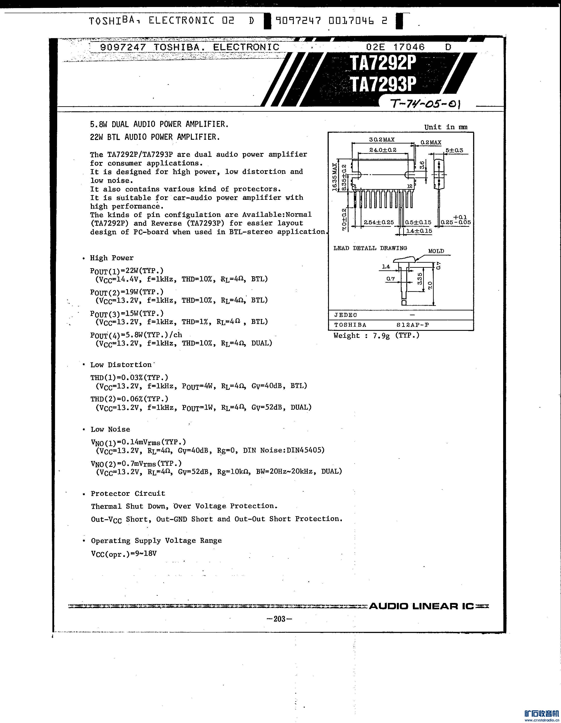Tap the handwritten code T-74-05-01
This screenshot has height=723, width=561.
click(x=426, y=104)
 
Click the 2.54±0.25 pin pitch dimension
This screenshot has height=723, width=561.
click(x=378, y=222)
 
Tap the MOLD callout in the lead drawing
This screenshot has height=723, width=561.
click(x=436, y=251)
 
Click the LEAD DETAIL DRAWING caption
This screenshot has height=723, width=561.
click(x=370, y=248)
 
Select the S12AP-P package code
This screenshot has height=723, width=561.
click(x=413, y=325)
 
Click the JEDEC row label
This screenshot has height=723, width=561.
click(x=345, y=315)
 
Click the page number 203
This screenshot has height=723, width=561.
click(x=279, y=619)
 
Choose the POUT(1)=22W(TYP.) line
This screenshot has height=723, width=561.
click(x=127, y=271)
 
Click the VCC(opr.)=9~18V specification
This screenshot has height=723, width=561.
click(x=124, y=553)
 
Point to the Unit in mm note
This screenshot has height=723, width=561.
click(x=446, y=127)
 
